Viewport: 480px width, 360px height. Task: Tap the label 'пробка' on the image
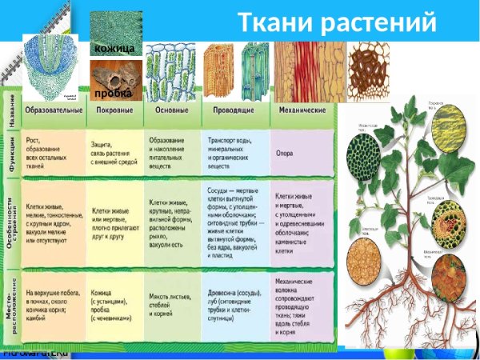[113, 94]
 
